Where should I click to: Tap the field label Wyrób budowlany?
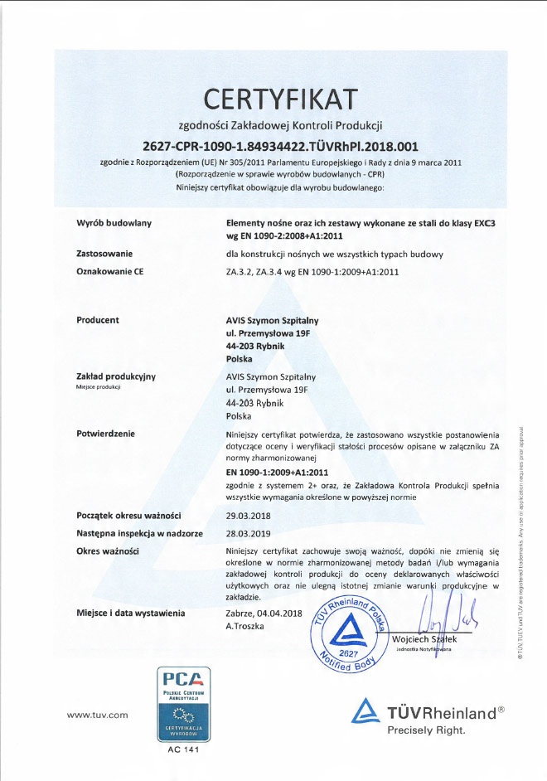[114, 223]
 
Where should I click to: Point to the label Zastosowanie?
[104, 253]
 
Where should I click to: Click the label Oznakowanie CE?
[109, 270]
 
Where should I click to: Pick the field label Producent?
[98, 319]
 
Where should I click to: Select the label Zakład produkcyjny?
[116, 376]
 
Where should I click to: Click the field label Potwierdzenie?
[105, 433]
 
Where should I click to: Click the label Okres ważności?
[107, 551]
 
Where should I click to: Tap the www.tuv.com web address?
[97, 714]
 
